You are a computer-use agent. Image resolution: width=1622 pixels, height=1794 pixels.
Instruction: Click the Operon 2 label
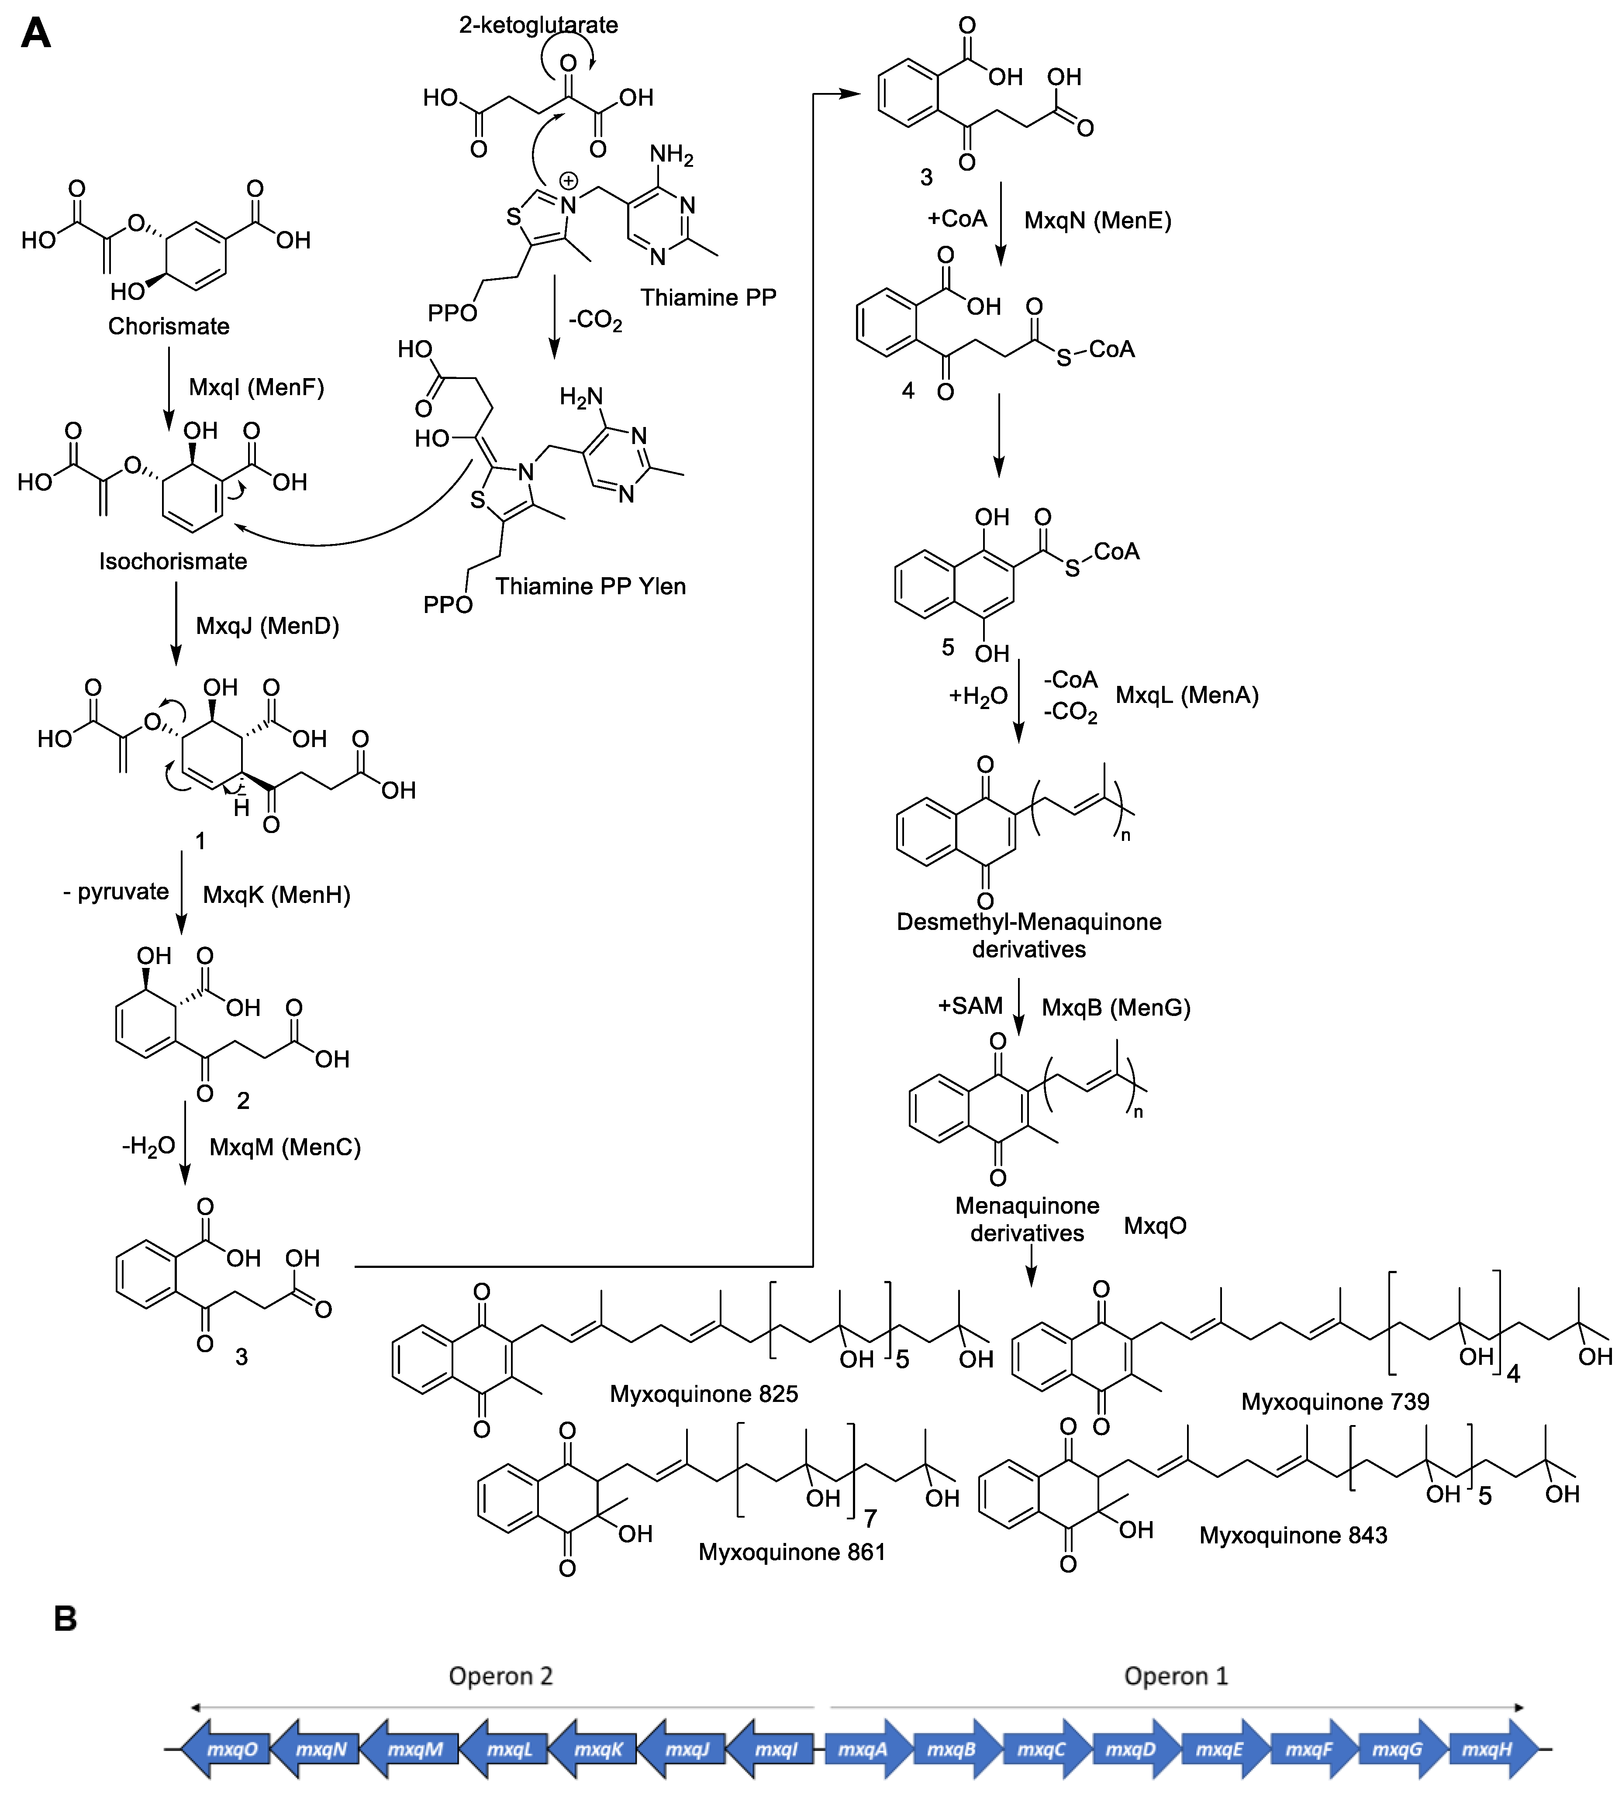pyautogui.click(x=500, y=1676)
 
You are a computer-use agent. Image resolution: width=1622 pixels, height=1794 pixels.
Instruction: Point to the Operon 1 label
pyautogui.click(x=1175, y=1676)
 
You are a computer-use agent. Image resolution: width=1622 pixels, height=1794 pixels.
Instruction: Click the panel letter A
pyautogui.click(x=36, y=34)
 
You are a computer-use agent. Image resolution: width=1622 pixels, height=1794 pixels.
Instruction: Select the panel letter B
pyautogui.click(x=65, y=1618)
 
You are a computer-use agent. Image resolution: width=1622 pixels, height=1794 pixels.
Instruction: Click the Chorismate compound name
pyautogui.click(x=168, y=327)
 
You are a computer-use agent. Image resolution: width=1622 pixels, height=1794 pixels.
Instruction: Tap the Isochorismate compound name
pyautogui.click(x=173, y=561)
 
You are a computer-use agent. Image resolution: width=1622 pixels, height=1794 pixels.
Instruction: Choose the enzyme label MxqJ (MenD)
pyautogui.click(x=267, y=626)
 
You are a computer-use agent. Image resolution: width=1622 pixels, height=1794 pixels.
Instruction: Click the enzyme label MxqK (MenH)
pyautogui.click(x=276, y=894)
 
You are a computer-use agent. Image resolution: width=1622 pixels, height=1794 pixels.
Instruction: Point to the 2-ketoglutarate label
pyautogui.click(x=538, y=25)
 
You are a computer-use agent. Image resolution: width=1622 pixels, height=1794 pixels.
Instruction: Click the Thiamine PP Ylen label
pyautogui.click(x=590, y=586)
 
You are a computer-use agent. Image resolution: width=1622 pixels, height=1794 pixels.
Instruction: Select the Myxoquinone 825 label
pyautogui.click(x=703, y=1394)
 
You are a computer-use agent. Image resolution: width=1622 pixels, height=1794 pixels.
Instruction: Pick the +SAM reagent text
pyautogui.click(x=970, y=1005)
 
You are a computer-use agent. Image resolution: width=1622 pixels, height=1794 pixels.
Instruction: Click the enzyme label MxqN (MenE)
pyautogui.click(x=1097, y=220)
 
